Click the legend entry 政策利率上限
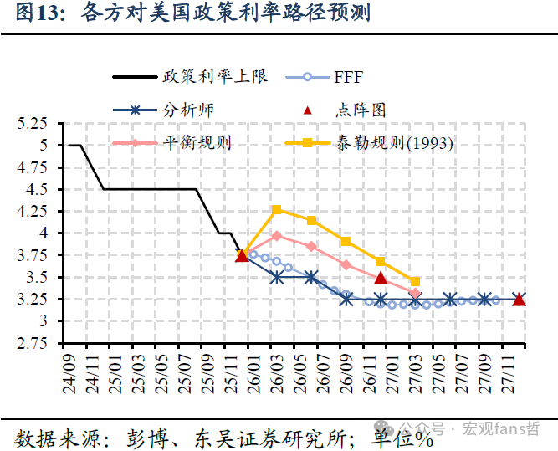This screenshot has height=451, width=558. (x=216, y=77)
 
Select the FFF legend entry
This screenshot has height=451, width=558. (x=347, y=78)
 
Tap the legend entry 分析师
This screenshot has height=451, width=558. (x=187, y=110)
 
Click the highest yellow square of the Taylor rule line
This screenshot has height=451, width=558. (x=277, y=210)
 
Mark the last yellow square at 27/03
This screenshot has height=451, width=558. (x=414, y=282)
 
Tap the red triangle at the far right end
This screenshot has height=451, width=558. (x=519, y=299)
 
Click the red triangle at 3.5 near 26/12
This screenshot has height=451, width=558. (x=381, y=278)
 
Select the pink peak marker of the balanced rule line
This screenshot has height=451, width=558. (x=277, y=236)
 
